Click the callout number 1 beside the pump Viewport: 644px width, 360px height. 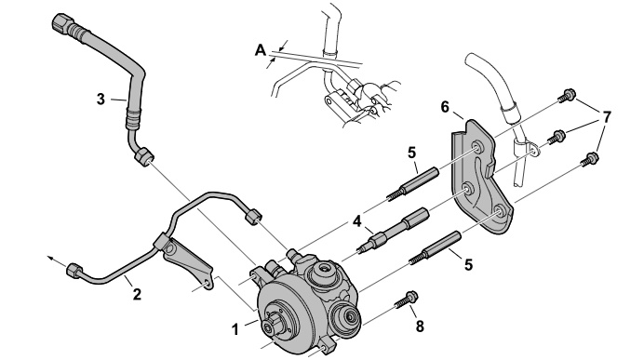(x=235, y=329)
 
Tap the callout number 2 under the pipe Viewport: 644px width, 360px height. (x=137, y=294)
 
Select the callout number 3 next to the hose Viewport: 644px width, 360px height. (x=101, y=99)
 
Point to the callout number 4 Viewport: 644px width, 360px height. (x=357, y=221)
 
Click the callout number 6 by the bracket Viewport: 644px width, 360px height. (x=445, y=107)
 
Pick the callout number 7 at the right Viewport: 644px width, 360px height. (x=606, y=117)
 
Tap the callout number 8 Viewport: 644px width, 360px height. (x=420, y=327)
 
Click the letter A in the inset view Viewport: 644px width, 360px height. (x=261, y=50)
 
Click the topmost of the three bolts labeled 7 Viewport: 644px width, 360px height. (x=567, y=94)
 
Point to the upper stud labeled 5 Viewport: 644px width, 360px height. (x=412, y=184)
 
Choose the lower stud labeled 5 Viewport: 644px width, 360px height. (x=435, y=247)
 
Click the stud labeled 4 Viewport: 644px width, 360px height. (x=394, y=230)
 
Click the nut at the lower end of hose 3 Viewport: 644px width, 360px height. (x=144, y=157)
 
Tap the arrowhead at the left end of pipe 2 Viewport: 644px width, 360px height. (x=50, y=259)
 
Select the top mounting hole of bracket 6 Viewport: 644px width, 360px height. (x=476, y=147)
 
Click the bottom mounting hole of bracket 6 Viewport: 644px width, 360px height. (x=500, y=212)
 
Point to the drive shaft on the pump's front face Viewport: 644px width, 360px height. (x=272, y=325)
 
